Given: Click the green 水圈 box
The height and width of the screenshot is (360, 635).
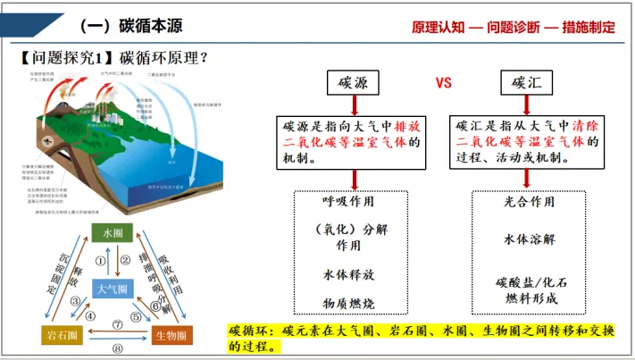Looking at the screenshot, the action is pyautogui.click(x=113, y=234).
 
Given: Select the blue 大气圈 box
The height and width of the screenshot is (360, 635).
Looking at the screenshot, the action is pyautogui.click(x=113, y=289).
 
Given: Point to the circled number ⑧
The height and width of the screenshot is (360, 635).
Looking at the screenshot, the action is pyautogui.click(x=116, y=349).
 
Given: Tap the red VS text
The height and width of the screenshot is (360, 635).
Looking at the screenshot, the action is pyautogui.click(x=444, y=83).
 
